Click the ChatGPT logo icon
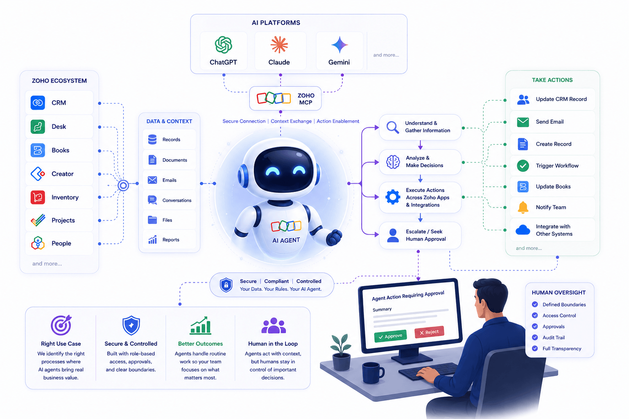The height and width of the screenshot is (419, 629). tap(224, 45)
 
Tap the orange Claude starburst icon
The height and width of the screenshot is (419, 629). tap(279, 45)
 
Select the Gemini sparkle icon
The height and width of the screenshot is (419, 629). tap(339, 45)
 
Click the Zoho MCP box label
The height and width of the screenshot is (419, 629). tap(306, 99)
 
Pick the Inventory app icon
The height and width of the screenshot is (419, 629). tap(38, 197)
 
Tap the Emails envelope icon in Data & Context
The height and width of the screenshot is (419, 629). tap(152, 180)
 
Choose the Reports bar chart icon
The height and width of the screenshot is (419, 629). tap(152, 239)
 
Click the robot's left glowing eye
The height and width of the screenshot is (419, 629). tap(272, 170)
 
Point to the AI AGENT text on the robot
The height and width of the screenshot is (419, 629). tap(286, 240)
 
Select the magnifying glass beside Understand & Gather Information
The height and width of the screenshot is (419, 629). tap(393, 127)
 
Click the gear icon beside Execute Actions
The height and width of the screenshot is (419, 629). tap(393, 197)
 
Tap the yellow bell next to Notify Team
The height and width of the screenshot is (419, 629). tap(523, 207)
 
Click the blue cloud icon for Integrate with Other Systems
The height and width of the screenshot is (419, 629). tap(523, 230)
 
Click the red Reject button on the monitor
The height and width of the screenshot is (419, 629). tap(429, 332)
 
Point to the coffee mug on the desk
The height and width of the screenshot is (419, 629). tap(373, 372)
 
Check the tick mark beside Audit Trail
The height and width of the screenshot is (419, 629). tap(535, 337)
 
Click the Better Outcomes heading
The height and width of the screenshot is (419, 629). tap(200, 344)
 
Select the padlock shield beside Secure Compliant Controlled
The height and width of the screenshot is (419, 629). tap(226, 285)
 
